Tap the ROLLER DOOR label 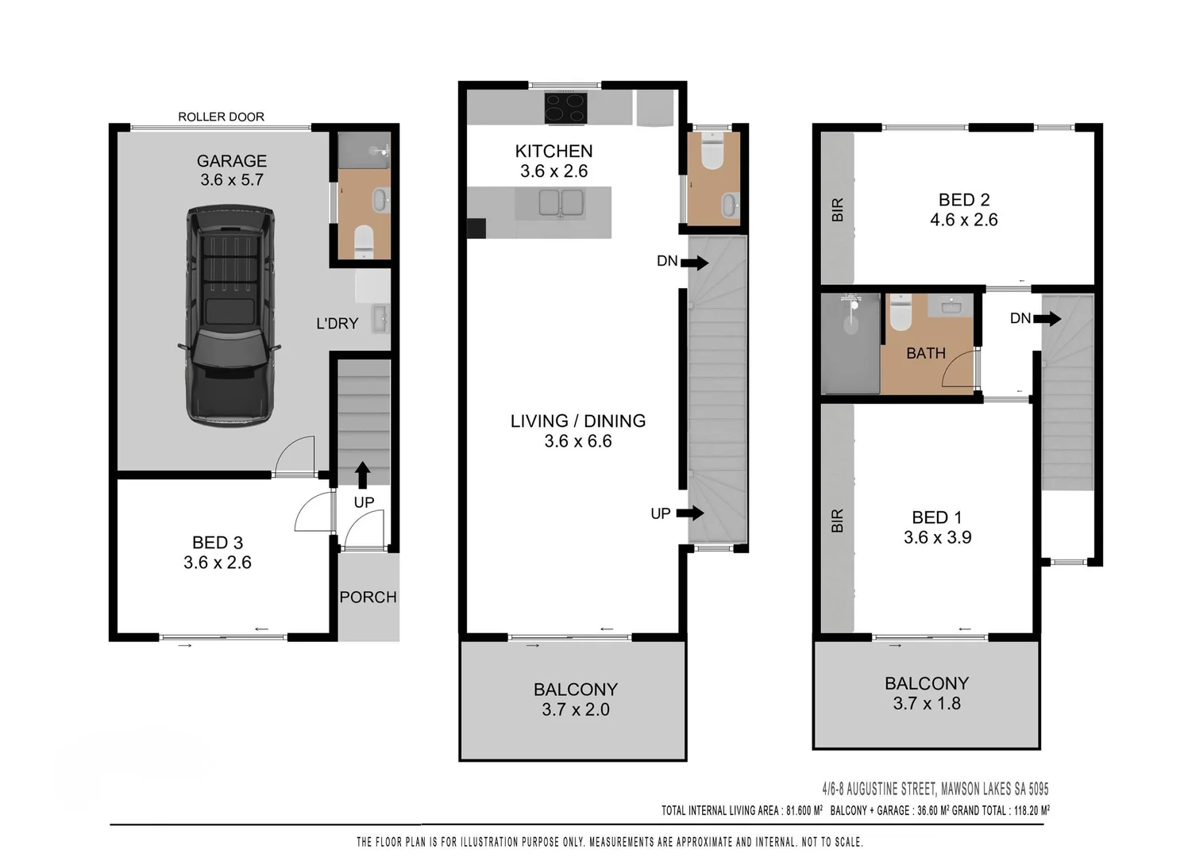[x=221, y=117]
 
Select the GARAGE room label [x=231, y=161]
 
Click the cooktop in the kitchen [x=565, y=108]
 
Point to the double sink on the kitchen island [x=561, y=203]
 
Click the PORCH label [x=368, y=598]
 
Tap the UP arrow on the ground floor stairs [x=362, y=475]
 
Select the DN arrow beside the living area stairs [x=693, y=263]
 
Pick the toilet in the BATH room [x=900, y=313]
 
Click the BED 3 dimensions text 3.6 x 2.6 [x=217, y=563]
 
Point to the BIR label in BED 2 [x=837, y=210]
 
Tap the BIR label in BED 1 [x=837, y=521]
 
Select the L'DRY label [x=337, y=324]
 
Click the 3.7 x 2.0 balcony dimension [x=575, y=710]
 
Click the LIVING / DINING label [x=577, y=421]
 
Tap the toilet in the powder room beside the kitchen [x=712, y=152]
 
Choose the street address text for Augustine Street [x=935, y=789]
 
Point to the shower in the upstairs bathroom [x=850, y=344]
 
